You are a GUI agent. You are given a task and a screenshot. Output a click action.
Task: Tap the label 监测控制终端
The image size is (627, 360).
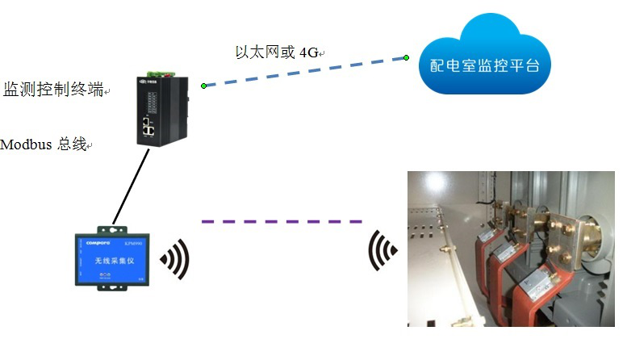click(x=54, y=90)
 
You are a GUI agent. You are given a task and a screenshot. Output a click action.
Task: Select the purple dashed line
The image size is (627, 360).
click(x=282, y=221)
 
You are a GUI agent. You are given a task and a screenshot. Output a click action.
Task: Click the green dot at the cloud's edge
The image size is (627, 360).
click(x=407, y=57)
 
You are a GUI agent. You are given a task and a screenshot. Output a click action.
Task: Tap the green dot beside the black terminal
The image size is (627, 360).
click(x=204, y=85)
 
